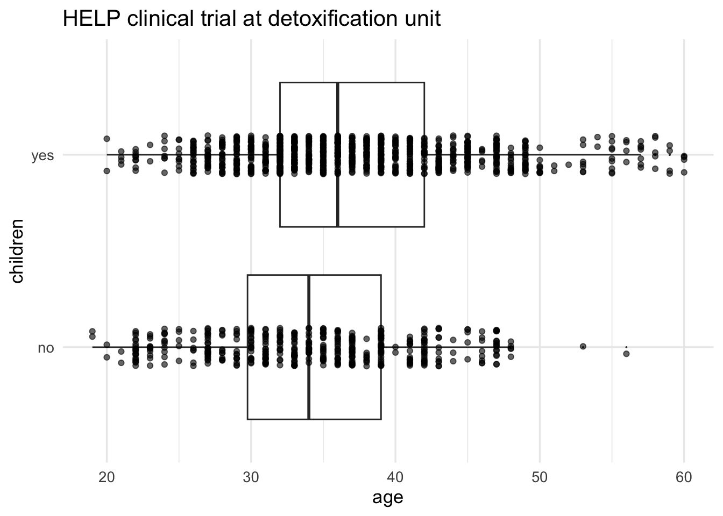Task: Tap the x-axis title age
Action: [387, 498]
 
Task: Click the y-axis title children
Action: [17, 250]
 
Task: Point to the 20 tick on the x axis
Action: [107, 478]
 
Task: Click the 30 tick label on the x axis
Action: [251, 478]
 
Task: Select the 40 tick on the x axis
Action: [395, 478]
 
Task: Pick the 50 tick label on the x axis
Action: [540, 478]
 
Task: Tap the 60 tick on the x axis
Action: [684, 478]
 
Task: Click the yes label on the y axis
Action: [42, 156]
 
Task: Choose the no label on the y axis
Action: [46, 348]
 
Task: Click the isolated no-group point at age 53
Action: [583, 347]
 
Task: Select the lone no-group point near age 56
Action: [626, 353]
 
